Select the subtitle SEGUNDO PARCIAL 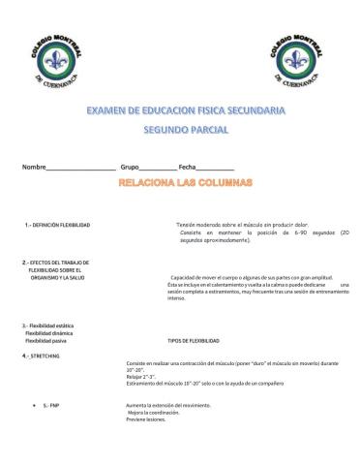[x=180, y=129]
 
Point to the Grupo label [x=130, y=168]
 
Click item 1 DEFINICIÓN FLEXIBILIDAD [x=58, y=224]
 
